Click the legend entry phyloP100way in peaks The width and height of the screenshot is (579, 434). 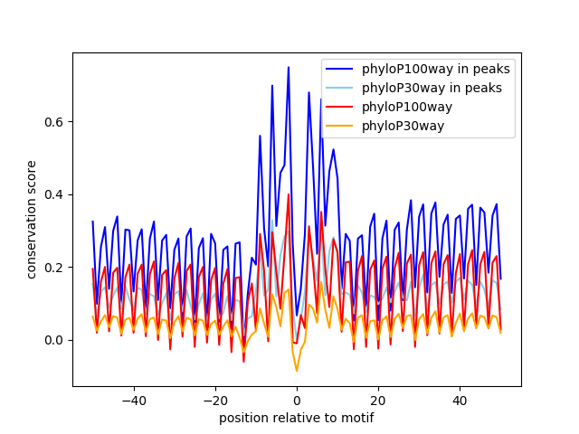click(x=436, y=69)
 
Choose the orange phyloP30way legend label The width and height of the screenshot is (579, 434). click(x=403, y=126)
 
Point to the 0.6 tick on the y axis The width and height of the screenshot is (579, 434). click(x=56, y=122)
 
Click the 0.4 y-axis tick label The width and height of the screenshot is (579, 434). click(x=56, y=194)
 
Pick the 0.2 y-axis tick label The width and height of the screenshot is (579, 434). click(x=56, y=268)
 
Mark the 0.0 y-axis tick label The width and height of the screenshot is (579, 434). click(x=56, y=340)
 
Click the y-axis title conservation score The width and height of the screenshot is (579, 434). click(x=32, y=219)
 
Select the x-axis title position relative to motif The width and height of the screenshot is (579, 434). click(x=297, y=418)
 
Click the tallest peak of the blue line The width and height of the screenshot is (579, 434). click(x=289, y=67)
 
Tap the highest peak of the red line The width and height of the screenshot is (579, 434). click(x=289, y=194)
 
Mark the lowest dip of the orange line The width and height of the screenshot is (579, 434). click(x=297, y=371)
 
